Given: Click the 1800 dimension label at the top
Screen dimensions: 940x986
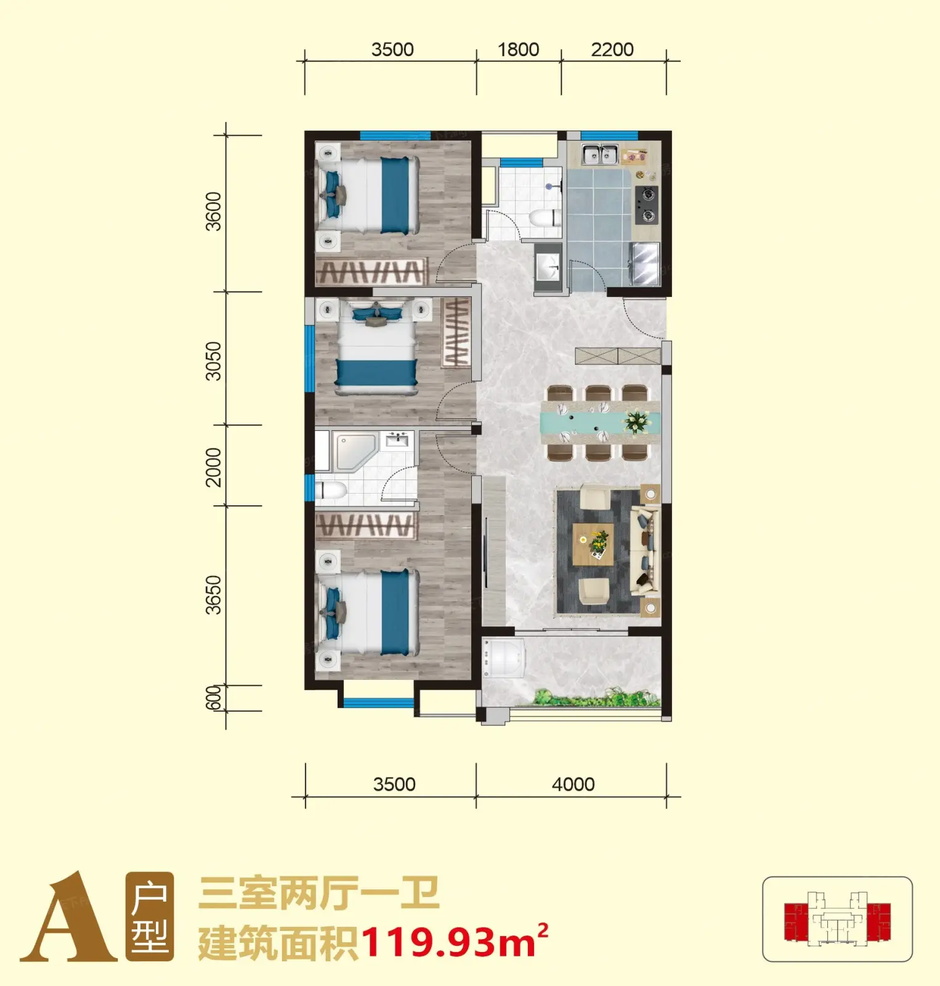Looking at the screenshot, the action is [518, 49].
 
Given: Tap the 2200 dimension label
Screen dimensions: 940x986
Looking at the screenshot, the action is [612, 49].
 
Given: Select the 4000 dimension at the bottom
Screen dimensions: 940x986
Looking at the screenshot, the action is [573, 784].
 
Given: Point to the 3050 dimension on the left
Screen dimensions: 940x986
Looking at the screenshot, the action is [213, 361].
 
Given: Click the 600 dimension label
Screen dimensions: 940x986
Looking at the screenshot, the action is [213, 698].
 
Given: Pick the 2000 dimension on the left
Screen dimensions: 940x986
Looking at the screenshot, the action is [213, 467].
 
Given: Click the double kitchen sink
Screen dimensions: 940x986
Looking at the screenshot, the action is [600, 154].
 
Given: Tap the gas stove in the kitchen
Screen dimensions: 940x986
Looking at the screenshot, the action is [646, 205].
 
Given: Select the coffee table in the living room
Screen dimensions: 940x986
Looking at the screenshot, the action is [593, 544].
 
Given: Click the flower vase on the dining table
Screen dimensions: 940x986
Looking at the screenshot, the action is [636, 422].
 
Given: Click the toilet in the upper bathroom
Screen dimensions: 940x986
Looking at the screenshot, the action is [545, 218].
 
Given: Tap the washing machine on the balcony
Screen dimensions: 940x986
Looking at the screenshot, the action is [504, 659].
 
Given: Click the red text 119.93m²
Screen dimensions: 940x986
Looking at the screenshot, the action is [455, 941].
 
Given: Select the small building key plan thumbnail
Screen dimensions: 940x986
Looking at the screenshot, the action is [838, 919].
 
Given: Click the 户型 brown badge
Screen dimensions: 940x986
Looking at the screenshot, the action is [150, 917].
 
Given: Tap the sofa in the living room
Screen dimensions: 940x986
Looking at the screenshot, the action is [646, 550].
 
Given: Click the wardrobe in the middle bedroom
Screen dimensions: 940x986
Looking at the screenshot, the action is [456, 333].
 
